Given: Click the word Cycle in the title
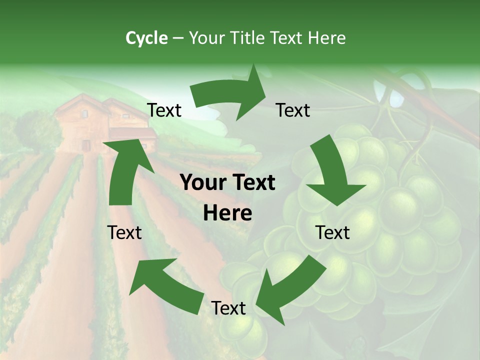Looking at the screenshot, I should [146, 38].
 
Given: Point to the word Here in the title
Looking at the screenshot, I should [326, 38].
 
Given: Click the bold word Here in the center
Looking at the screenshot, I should [227, 213].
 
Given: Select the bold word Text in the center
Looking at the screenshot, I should [251, 183].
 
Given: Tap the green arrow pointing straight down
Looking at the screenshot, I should [332, 172].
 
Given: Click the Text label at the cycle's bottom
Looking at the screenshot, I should [228, 308].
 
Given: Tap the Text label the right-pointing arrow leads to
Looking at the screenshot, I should [293, 110].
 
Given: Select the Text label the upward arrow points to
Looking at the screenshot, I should [164, 110].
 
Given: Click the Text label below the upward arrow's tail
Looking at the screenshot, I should [124, 232].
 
